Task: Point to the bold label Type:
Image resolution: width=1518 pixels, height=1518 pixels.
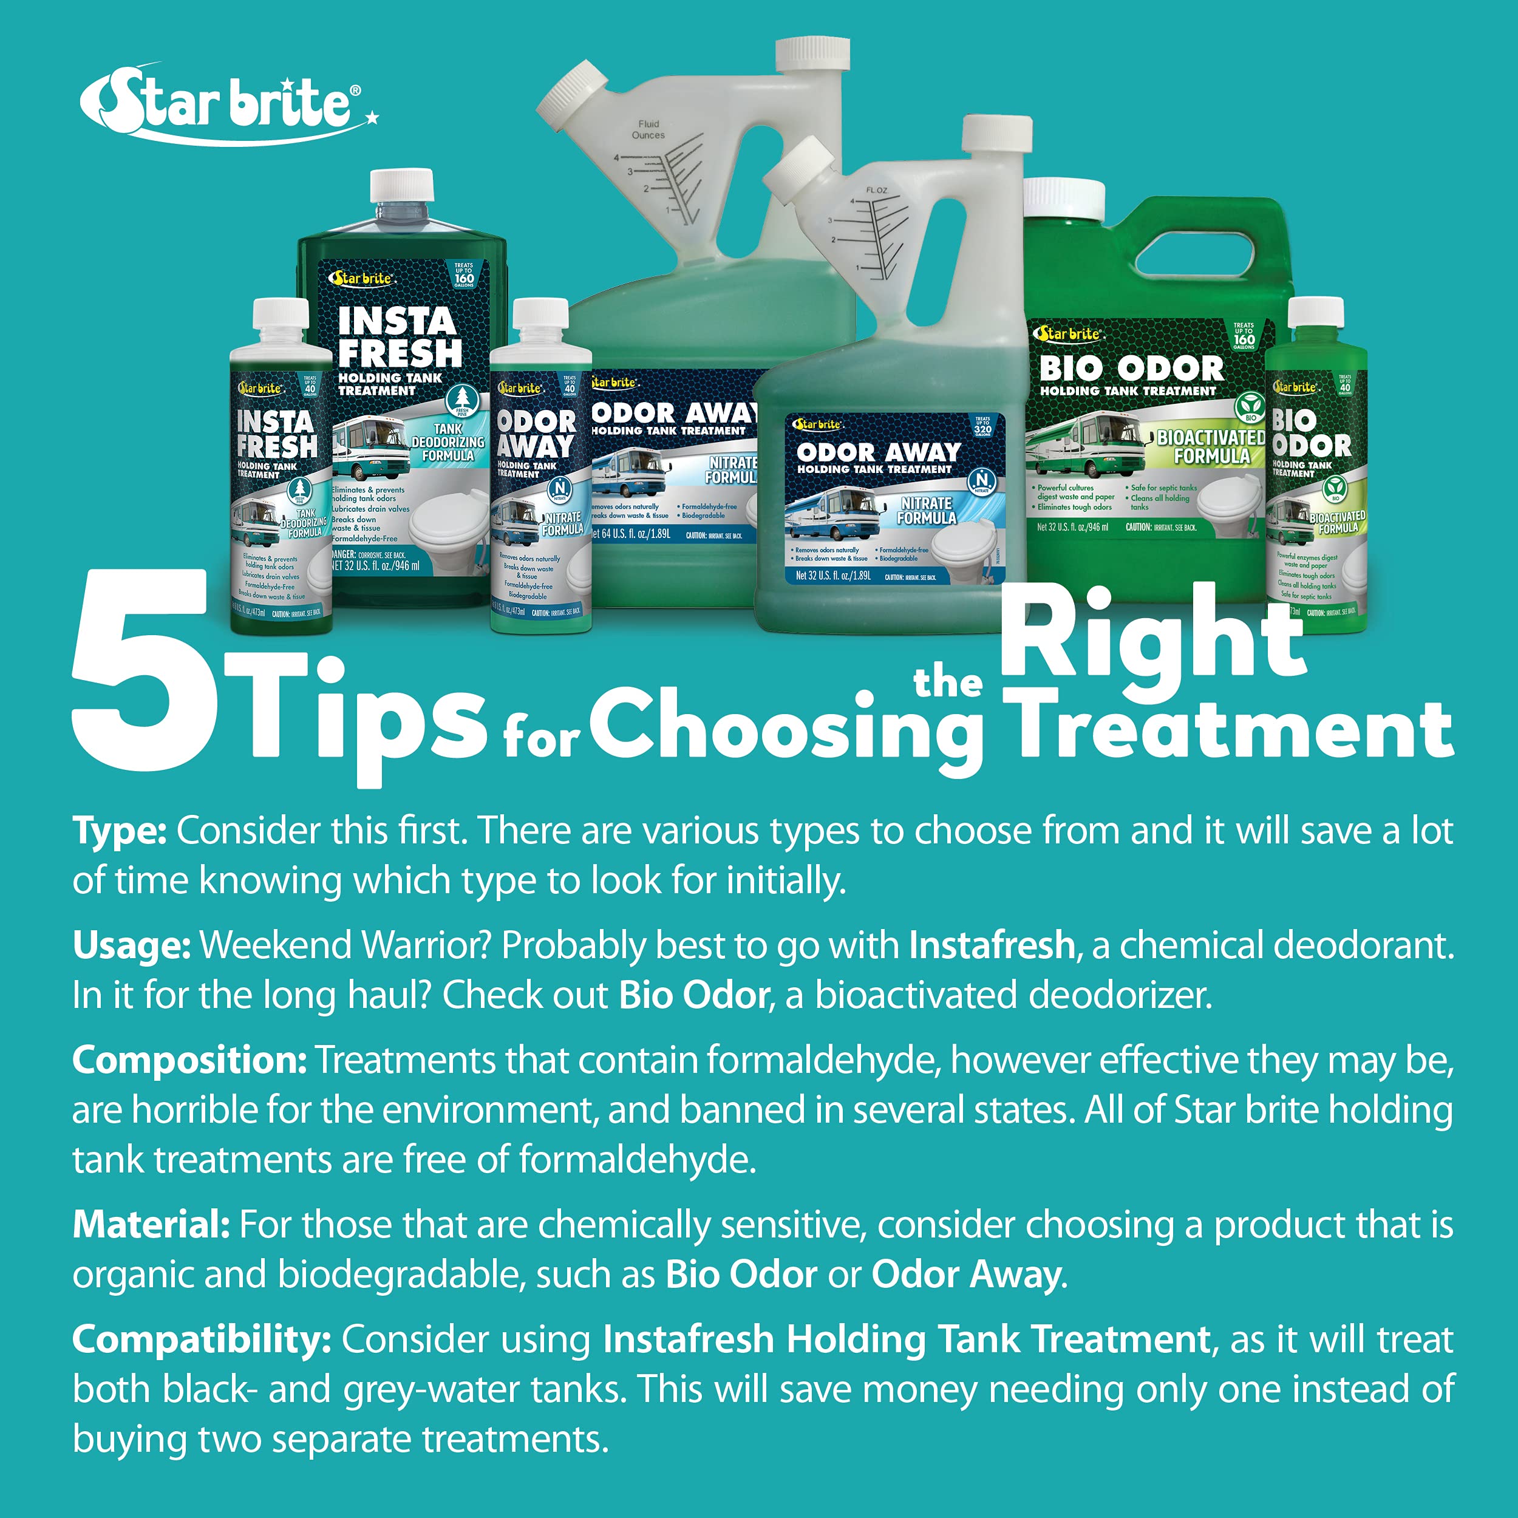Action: pyautogui.click(x=120, y=831)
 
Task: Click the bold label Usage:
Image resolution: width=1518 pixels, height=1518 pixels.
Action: pyautogui.click(x=131, y=945)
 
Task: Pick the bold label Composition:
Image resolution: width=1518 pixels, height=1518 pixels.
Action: pyautogui.click(x=189, y=1060)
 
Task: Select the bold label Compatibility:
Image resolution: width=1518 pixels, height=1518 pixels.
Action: pyautogui.click(x=201, y=1339)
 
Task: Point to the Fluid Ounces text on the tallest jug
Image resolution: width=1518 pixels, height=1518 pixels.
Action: pyautogui.click(x=648, y=130)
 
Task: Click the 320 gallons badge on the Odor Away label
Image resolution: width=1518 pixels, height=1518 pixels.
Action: pyautogui.click(x=982, y=426)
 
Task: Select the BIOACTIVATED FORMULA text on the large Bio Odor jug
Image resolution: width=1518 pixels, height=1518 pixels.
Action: pyautogui.click(x=1211, y=446)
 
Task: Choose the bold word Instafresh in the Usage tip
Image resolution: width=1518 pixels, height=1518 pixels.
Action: pyautogui.click(x=992, y=945)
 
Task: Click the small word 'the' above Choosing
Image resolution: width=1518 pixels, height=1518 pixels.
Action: pyautogui.click(x=948, y=682)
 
